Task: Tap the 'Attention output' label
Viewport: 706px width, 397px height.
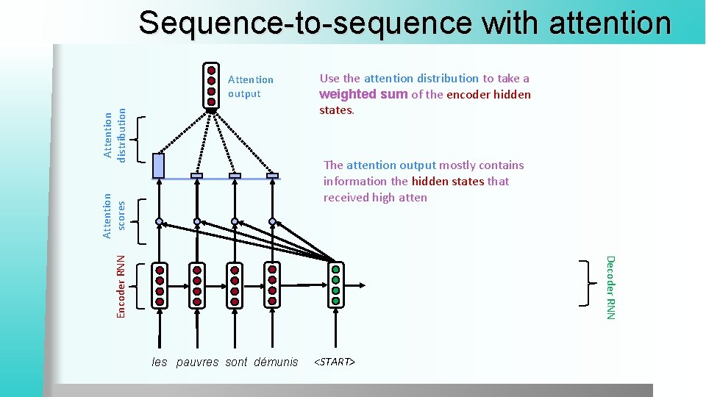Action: pyautogui.click(x=250, y=86)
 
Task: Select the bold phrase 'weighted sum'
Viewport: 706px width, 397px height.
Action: pyautogui.click(x=363, y=94)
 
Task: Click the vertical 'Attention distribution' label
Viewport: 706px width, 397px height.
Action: pyautogui.click(x=115, y=135)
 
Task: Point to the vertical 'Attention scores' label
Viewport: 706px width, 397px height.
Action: pyautogui.click(x=115, y=215)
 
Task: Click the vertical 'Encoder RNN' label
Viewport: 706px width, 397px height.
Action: pyautogui.click(x=122, y=286)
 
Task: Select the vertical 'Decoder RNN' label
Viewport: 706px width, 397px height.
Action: pyautogui.click(x=610, y=287)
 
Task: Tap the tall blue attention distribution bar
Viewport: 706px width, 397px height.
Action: pyautogui.click(x=158, y=165)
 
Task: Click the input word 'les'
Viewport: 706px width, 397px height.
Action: pyautogui.click(x=160, y=362)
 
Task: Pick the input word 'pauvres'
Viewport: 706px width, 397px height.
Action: pyautogui.click(x=197, y=362)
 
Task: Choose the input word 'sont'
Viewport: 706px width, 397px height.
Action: pyautogui.click(x=236, y=362)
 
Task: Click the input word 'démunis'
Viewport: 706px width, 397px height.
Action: pyautogui.click(x=276, y=362)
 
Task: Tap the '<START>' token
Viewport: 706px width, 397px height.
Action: pyautogui.click(x=335, y=362)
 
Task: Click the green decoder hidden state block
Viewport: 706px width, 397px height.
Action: pyautogui.click(x=336, y=285)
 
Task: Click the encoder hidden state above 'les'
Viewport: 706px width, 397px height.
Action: pyautogui.click(x=159, y=285)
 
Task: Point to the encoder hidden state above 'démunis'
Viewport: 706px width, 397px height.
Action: pyautogui.click(x=272, y=285)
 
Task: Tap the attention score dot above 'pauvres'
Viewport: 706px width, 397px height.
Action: pyautogui.click(x=197, y=221)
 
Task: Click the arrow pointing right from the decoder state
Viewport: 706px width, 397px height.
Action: pyautogui.click(x=356, y=285)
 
